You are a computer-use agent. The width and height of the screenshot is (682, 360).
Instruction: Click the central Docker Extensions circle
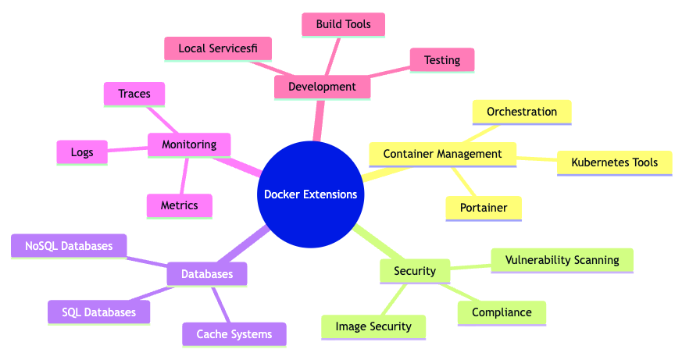coord(311,194)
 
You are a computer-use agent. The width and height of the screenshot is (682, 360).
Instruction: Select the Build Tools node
coord(343,24)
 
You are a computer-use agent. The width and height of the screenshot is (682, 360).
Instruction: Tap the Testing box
coord(442,60)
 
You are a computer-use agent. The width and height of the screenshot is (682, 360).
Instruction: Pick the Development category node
coord(323,87)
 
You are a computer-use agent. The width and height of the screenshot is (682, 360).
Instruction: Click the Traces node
coord(134,94)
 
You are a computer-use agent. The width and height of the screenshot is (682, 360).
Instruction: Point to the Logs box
coord(82,152)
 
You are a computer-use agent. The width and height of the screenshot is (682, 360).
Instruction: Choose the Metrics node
coord(180,205)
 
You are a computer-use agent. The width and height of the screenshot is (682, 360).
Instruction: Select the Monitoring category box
coord(189,144)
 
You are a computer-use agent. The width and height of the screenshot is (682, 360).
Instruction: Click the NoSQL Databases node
coord(69,246)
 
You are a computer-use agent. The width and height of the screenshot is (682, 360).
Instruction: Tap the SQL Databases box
coord(98,312)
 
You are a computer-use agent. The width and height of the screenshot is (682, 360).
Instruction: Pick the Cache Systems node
coord(234,334)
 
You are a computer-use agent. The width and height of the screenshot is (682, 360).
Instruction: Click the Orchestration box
coord(522,112)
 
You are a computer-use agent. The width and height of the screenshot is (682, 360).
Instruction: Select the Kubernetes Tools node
coord(615,163)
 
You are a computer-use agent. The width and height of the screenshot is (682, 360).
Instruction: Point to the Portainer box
coord(484,209)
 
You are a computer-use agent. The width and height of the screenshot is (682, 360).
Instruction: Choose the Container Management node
coord(443,155)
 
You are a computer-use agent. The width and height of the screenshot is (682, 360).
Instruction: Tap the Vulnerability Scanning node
coord(562,261)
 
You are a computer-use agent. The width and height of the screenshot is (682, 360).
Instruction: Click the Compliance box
coord(502,313)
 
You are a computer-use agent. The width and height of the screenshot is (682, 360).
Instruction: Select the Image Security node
coord(373,327)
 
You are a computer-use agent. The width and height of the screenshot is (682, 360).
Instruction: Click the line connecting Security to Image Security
coord(394,300)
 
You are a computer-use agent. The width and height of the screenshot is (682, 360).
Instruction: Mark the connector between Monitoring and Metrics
coord(184,176)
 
